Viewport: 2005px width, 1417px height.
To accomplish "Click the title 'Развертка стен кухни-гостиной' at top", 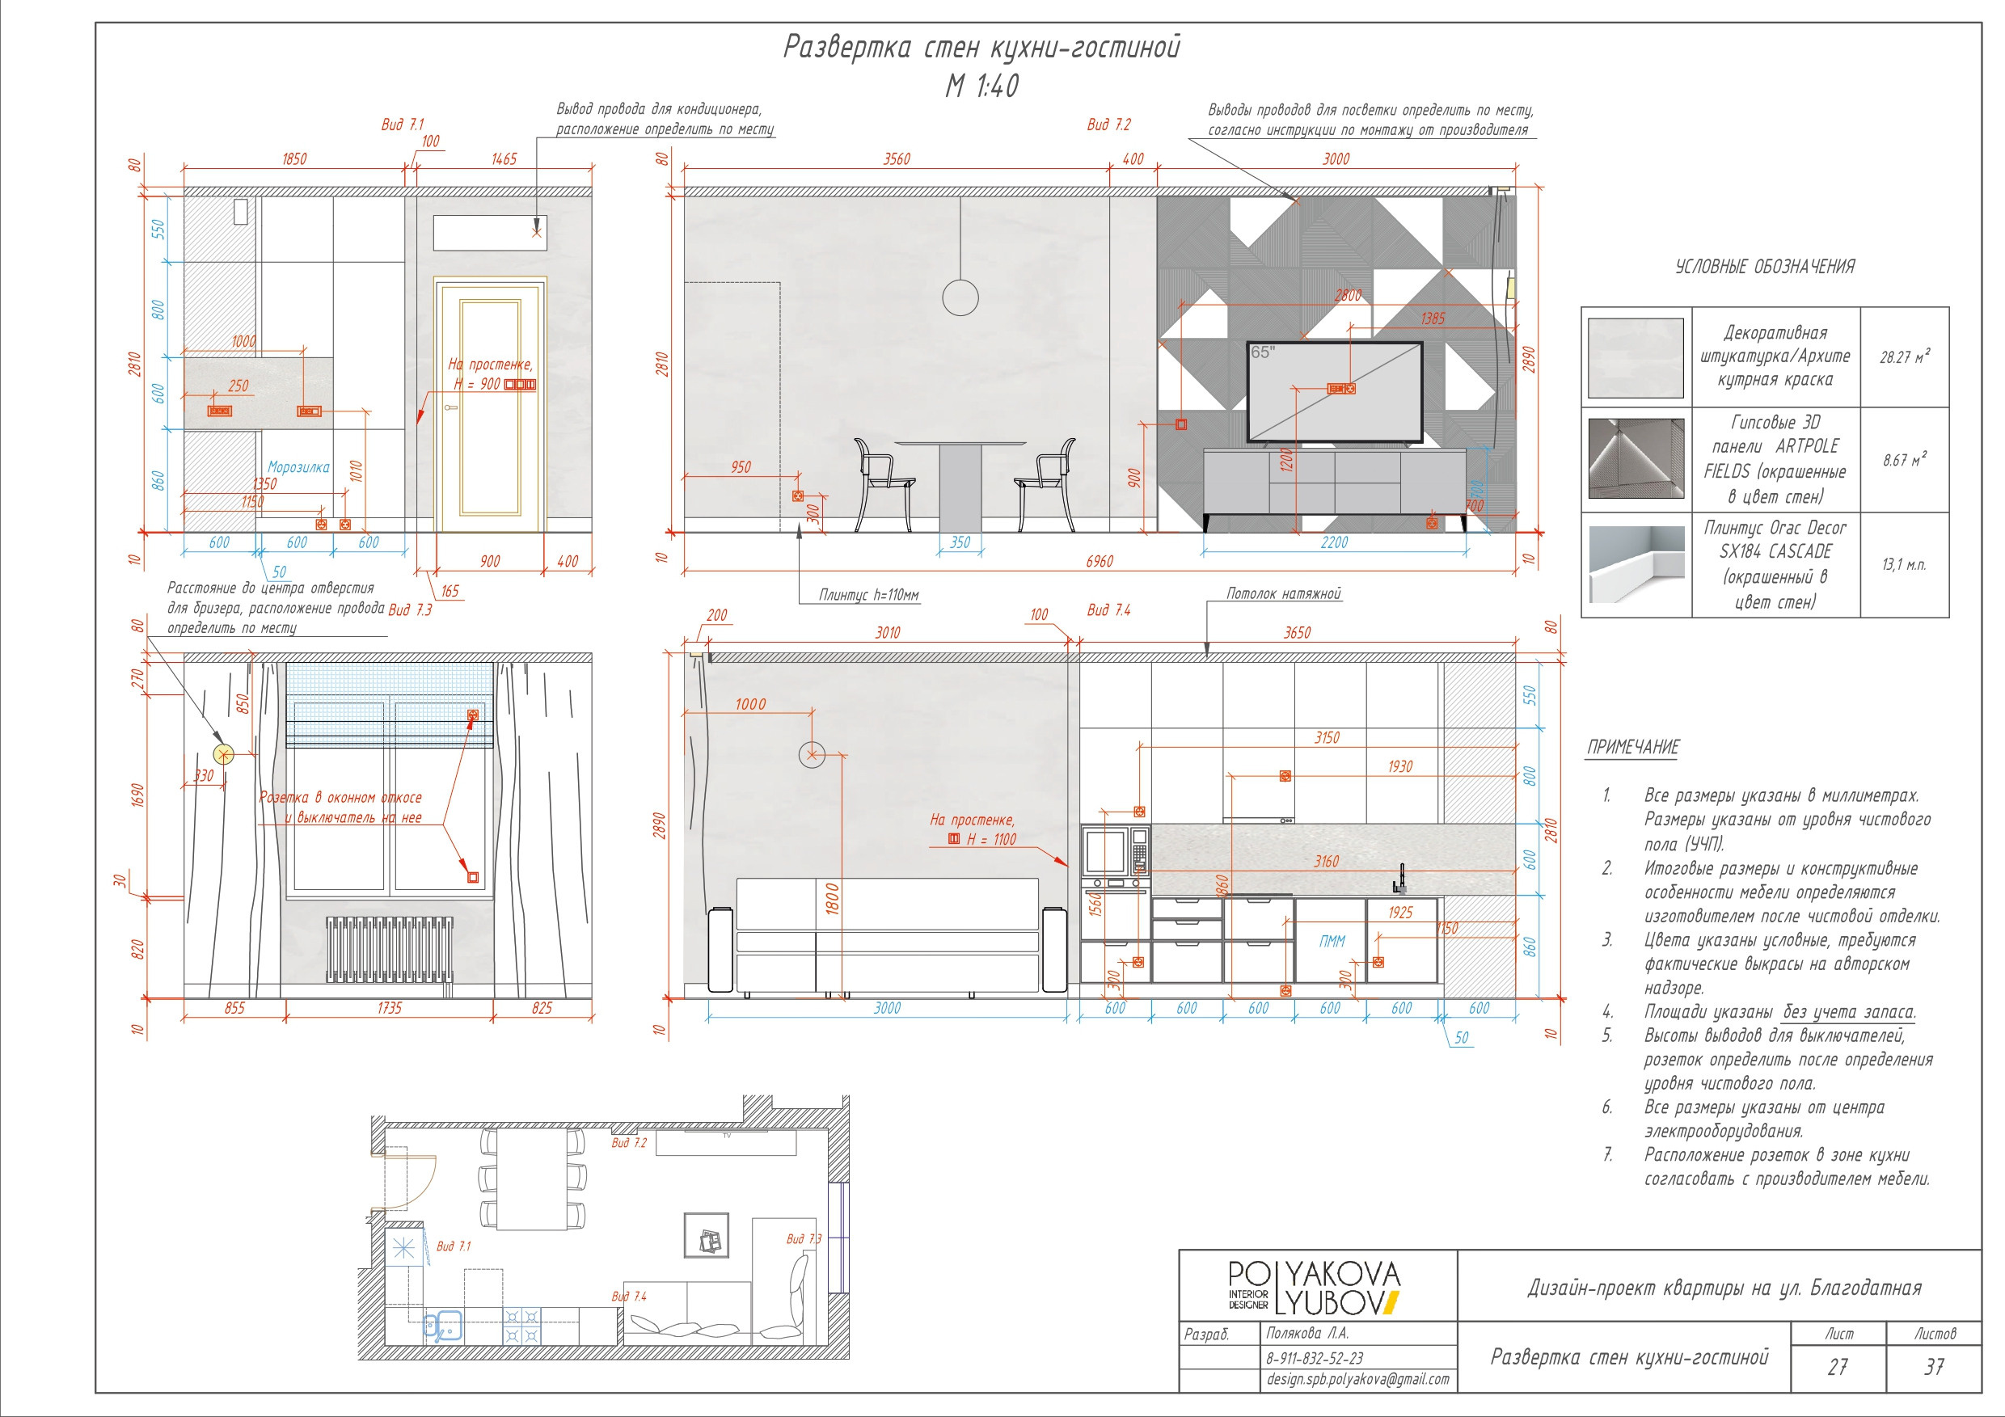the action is tap(981, 47).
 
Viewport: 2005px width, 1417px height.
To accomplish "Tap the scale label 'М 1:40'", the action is tap(982, 86).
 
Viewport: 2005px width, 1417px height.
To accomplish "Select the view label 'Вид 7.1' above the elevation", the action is tap(403, 124).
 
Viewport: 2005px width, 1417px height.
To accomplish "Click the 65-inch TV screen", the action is tap(1334, 391).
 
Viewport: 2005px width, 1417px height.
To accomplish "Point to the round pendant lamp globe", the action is tap(960, 297).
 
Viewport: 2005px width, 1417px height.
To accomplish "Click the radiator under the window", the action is tap(390, 949).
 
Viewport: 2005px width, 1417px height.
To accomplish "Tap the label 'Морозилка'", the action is tap(298, 467).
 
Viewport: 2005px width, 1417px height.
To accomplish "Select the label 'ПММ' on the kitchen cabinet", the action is tap(1332, 941).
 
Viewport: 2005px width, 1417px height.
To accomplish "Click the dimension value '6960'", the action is tap(1100, 562).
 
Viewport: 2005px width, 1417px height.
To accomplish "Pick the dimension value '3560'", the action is tap(896, 159).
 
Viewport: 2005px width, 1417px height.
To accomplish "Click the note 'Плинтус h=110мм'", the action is tap(869, 596).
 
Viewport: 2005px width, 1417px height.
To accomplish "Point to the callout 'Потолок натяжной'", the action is tap(1283, 593).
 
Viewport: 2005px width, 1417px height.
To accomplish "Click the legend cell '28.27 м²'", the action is tap(1905, 356).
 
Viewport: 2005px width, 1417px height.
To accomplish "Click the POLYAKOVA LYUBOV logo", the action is tap(1315, 1288).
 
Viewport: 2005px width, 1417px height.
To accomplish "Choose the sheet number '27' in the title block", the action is tap(1838, 1367).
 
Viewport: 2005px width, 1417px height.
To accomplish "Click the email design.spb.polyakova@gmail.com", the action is tap(1358, 1380).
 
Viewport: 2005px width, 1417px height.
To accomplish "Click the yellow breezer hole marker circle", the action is tap(225, 754).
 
